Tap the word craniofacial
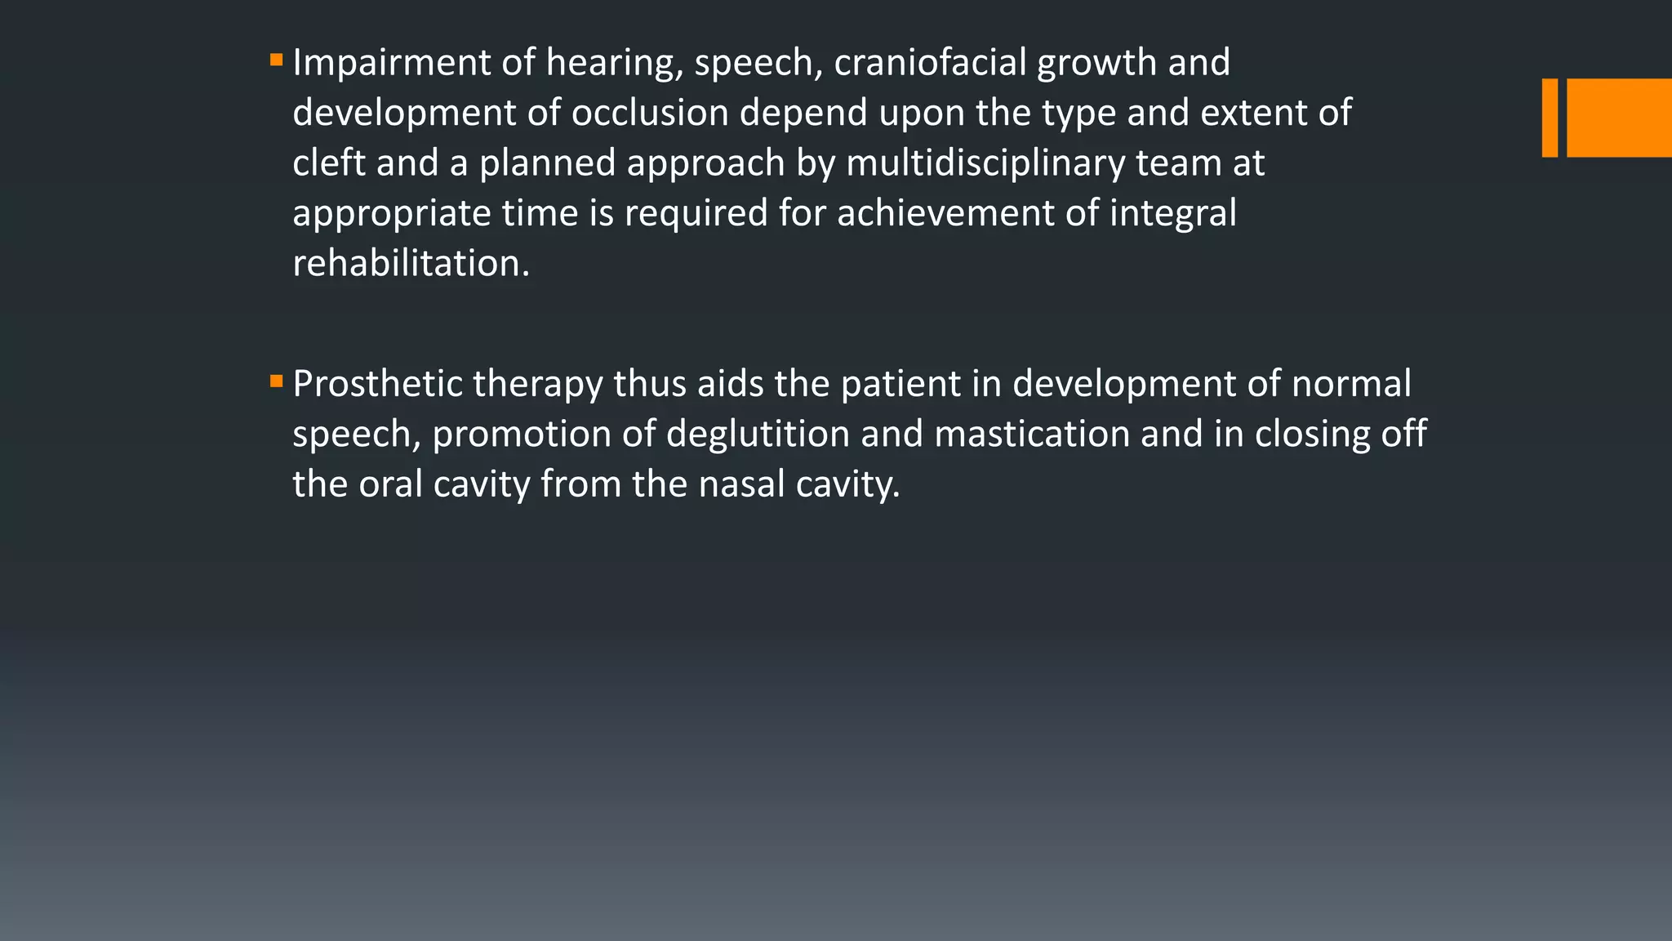pyautogui.click(x=930, y=63)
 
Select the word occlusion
pyautogui.click(x=650, y=113)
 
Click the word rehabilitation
pyautogui.click(x=411, y=264)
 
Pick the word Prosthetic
pyautogui.click(x=377, y=384)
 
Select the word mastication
pyautogui.click(x=1032, y=434)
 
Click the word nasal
pyautogui.click(x=741, y=484)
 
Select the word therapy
pyautogui.click(x=537, y=384)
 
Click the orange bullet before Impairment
pyautogui.click(x=276, y=60)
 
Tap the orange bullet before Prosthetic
pyautogui.click(x=276, y=381)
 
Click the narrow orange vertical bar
pyautogui.click(x=1550, y=118)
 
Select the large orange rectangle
pyautogui.click(x=1619, y=118)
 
